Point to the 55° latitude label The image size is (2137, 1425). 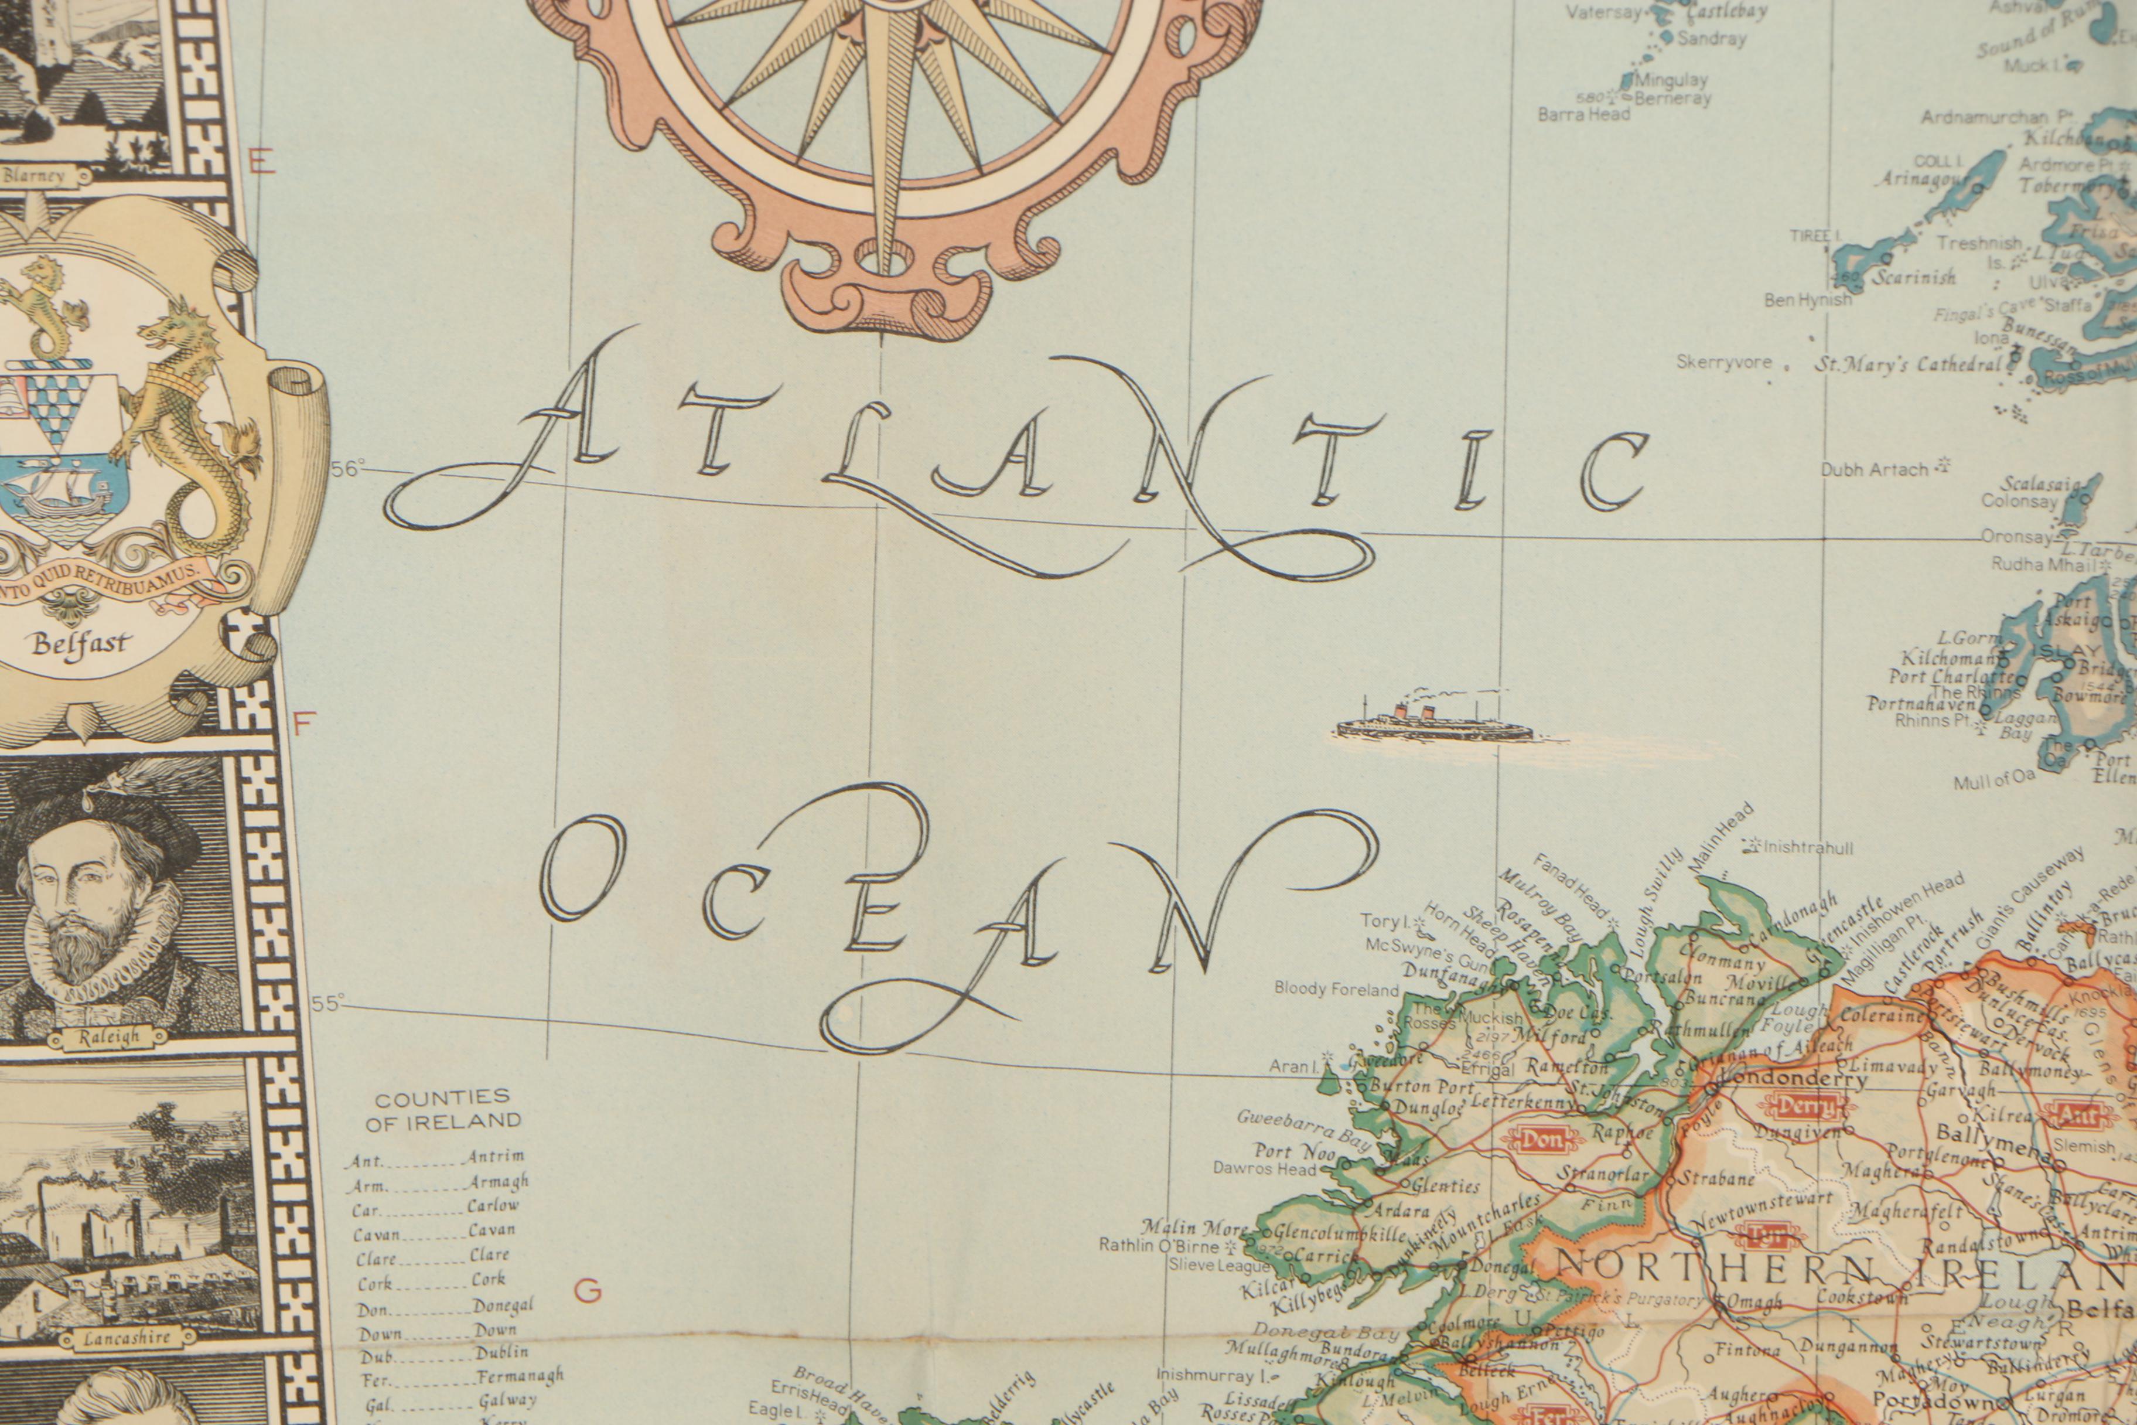(x=328, y=1003)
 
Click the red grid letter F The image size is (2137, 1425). (x=303, y=722)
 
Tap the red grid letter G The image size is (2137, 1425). (x=588, y=1290)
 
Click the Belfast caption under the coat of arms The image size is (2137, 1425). (x=81, y=645)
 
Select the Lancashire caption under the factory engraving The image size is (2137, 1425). (x=127, y=1338)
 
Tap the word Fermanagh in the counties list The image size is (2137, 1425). (x=520, y=1376)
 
